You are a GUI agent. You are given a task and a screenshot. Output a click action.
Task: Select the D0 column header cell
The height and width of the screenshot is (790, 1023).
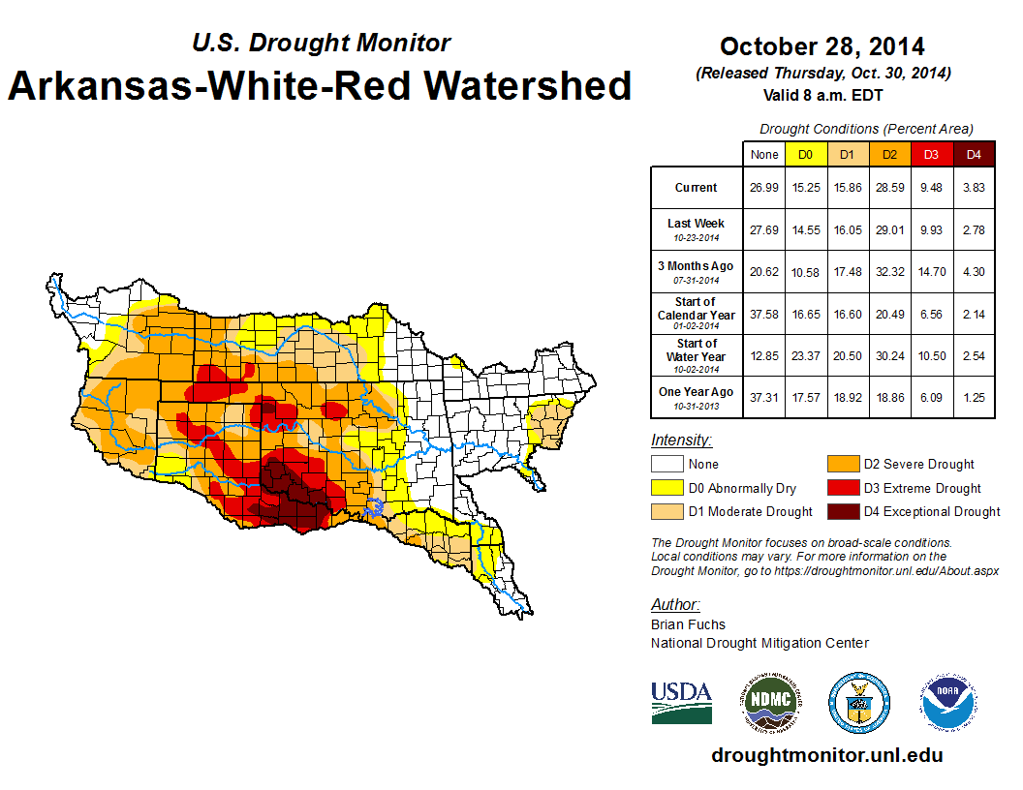click(805, 154)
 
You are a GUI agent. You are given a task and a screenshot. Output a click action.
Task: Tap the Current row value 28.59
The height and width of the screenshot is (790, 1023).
click(889, 188)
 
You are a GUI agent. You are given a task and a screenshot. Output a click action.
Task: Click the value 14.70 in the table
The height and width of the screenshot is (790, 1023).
click(931, 272)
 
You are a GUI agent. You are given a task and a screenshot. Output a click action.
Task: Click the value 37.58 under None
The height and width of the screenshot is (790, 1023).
click(764, 314)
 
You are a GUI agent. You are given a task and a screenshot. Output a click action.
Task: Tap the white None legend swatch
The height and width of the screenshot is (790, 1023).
click(666, 465)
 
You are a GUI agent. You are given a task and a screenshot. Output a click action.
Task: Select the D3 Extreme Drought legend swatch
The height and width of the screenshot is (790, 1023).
click(842, 488)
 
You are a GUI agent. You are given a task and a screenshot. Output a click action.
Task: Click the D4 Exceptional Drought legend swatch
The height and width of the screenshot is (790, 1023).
click(842, 511)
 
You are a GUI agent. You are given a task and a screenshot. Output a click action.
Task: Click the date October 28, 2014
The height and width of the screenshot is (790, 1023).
click(821, 46)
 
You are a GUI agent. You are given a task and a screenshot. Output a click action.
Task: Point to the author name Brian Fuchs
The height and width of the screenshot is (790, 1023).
click(688, 624)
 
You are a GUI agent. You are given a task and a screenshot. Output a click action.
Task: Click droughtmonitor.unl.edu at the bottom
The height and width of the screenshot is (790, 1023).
click(826, 755)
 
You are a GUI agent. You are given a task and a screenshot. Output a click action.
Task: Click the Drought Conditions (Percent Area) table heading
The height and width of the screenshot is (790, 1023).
click(866, 129)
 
